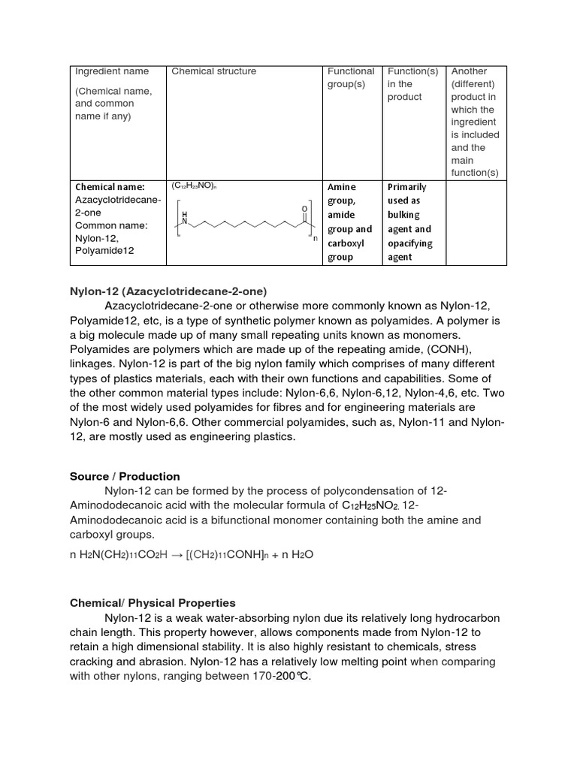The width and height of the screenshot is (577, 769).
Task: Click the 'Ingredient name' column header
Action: (x=111, y=71)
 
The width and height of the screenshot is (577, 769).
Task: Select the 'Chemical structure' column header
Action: (x=214, y=71)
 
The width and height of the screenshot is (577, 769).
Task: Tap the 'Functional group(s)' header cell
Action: (x=351, y=77)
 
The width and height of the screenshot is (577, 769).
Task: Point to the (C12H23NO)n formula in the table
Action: (x=195, y=186)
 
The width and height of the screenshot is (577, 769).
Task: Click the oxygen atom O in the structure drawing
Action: (x=304, y=208)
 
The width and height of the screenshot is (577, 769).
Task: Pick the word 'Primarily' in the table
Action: (x=406, y=187)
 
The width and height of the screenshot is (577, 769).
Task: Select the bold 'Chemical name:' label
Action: (x=110, y=187)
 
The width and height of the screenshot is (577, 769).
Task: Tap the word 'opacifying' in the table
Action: (x=411, y=243)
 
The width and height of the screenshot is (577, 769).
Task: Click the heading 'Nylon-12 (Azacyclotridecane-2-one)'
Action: (x=168, y=291)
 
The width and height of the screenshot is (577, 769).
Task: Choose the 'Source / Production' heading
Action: (x=125, y=476)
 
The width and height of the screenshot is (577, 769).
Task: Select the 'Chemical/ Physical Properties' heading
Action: (x=153, y=603)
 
